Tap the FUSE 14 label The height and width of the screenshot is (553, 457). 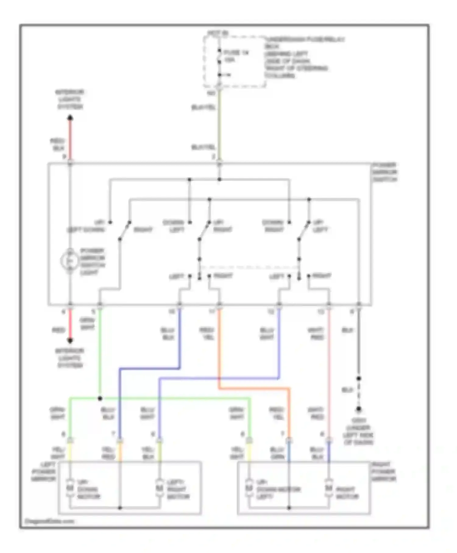click(236, 53)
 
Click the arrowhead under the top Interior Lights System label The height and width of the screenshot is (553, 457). click(70, 118)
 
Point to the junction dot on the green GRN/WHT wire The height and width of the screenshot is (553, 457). click(100, 398)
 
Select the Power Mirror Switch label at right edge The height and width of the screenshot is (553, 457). click(384, 172)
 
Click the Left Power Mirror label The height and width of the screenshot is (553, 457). click(44, 472)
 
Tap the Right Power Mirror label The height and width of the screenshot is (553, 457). click(384, 472)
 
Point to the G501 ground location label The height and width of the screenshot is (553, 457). click(358, 431)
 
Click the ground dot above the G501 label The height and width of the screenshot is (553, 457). click(359, 409)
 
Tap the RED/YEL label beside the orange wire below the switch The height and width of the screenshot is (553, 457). click(207, 334)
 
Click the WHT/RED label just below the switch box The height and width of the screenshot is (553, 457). click(316, 334)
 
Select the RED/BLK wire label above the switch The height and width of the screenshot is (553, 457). click(57, 144)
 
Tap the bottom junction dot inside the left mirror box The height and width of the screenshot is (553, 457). click(120, 508)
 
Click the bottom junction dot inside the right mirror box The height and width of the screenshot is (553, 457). click(289, 508)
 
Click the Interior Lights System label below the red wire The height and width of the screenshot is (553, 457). click(70, 358)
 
